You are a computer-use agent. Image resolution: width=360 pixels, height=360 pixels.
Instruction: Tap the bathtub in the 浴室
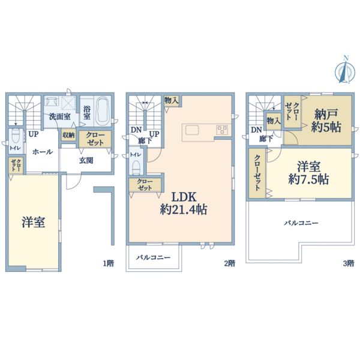(102, 112)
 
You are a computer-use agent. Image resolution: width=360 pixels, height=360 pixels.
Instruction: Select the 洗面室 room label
(60, 116)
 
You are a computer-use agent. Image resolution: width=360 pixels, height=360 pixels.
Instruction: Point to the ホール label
(43, 152)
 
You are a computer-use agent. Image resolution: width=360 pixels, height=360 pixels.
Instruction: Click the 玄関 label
(86, 160)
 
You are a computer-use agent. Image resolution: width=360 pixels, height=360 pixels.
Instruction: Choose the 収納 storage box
(68, 135)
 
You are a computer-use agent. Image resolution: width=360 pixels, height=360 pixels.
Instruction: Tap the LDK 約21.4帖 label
(184, 203)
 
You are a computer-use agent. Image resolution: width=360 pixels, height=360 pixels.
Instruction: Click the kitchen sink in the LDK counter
(192, 130)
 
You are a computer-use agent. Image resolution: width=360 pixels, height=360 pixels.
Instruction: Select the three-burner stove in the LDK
(222, 130)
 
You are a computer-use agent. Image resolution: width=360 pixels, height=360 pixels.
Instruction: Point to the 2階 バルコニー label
(154, 257)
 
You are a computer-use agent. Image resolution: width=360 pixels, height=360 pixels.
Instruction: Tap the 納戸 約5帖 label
(326, 121)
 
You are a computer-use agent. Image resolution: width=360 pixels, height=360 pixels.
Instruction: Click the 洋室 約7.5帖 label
(308, 173)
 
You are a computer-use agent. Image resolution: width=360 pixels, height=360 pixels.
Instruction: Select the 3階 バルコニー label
(301, 223)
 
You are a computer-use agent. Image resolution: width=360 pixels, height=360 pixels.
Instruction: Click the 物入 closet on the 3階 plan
(274, 121)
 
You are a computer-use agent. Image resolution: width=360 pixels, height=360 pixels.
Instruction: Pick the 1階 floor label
(109, 263)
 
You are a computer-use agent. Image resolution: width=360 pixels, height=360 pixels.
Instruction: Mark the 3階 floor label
(349, 263)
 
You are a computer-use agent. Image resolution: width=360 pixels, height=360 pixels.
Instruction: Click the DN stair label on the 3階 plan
(256, 130)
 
